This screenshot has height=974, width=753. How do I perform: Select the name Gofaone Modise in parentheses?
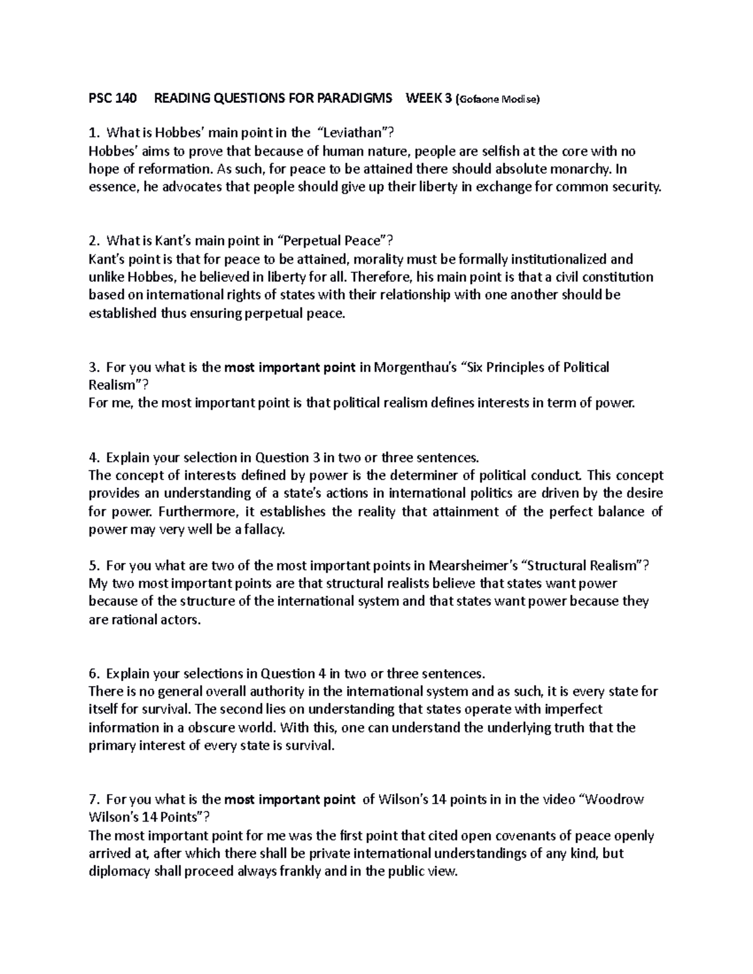(499, 98)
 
